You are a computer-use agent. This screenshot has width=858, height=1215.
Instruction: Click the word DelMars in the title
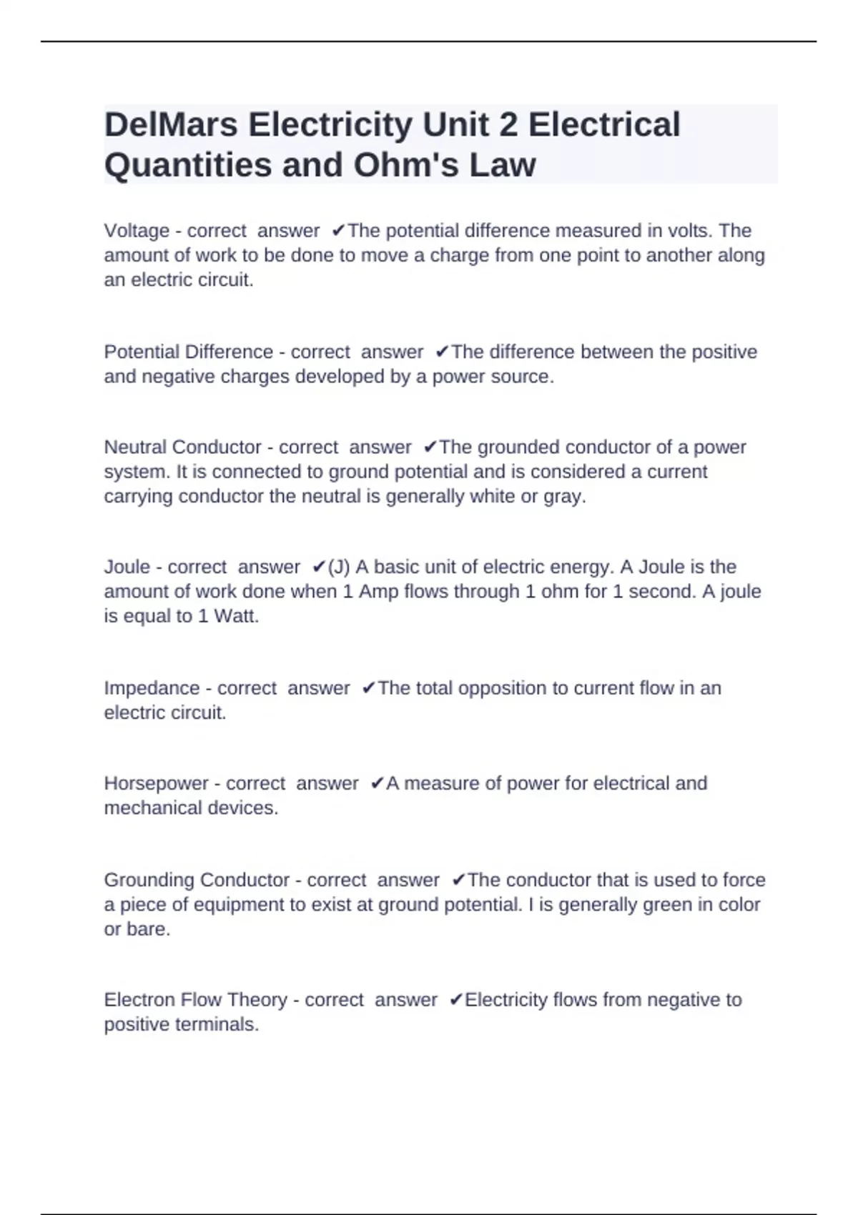[x=171, y=125]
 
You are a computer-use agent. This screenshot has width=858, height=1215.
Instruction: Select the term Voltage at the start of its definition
[x=137, y=231]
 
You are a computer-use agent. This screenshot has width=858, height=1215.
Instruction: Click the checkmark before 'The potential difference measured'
[x=339, y=231]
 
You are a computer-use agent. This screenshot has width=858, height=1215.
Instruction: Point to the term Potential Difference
[x=189, y=352]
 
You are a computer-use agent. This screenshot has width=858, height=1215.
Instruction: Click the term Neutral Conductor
[x=182, y=447]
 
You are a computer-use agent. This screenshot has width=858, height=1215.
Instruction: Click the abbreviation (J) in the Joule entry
[x=339, y=567]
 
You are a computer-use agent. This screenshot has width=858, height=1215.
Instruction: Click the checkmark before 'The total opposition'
[x=369, y=688]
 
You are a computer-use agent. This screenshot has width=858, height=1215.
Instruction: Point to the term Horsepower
[x=156, y=783]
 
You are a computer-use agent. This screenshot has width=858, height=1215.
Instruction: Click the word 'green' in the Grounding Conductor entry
[x=668, y=905]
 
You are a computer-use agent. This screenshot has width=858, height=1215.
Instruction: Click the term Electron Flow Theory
[x=195, y=1000]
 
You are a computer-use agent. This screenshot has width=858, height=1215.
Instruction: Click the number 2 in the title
[x=508, y=125]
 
